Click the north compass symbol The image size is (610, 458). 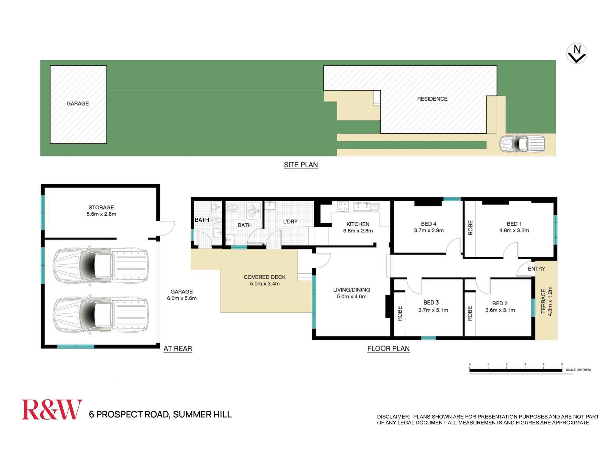pos(577,54)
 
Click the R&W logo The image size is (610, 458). pos(52,409)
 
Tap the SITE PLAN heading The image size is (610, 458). pos(301,165)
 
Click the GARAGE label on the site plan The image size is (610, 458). pos(78,104)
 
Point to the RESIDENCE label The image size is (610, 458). pos(432,99)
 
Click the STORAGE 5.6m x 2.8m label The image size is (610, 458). pos(101,211)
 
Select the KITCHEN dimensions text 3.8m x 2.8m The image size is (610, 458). pos(358,231)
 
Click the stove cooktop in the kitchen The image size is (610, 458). pos(343,207)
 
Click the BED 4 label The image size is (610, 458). pos(429,224)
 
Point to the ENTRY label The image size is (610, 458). pos(536,269)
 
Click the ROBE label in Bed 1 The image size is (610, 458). pos(470,228)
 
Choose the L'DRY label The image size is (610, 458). pos(290,222)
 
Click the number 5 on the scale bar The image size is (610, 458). pos(562,364)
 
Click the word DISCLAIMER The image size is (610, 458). pos(393,417)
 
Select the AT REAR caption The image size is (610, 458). pos(178,348)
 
